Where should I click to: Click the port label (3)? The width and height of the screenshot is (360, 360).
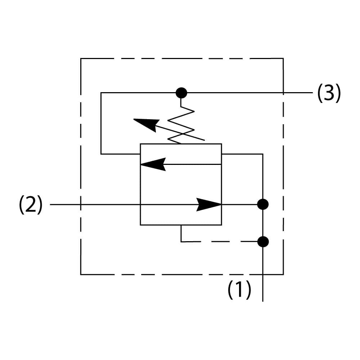coord(329,94)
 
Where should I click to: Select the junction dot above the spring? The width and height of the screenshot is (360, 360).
coord(181,93)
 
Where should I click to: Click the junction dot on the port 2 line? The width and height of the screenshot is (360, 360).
coord(263,204)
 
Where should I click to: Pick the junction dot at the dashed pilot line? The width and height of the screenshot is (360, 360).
coord(263,242)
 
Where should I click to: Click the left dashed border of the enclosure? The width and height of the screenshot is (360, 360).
coord(81,166)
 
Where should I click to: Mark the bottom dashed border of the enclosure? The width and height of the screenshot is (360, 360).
coord(173,274)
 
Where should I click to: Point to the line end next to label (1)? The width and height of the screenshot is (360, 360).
coord(263,301)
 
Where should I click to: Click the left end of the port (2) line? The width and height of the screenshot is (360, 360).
coord(50,204)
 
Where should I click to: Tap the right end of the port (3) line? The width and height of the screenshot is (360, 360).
coord(312,93)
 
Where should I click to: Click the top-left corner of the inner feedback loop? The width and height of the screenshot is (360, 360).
coord(101,93)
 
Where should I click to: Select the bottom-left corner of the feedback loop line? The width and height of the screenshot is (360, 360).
coord(101,154)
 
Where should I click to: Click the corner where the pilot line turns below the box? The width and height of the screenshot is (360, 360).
coord(181,242)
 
